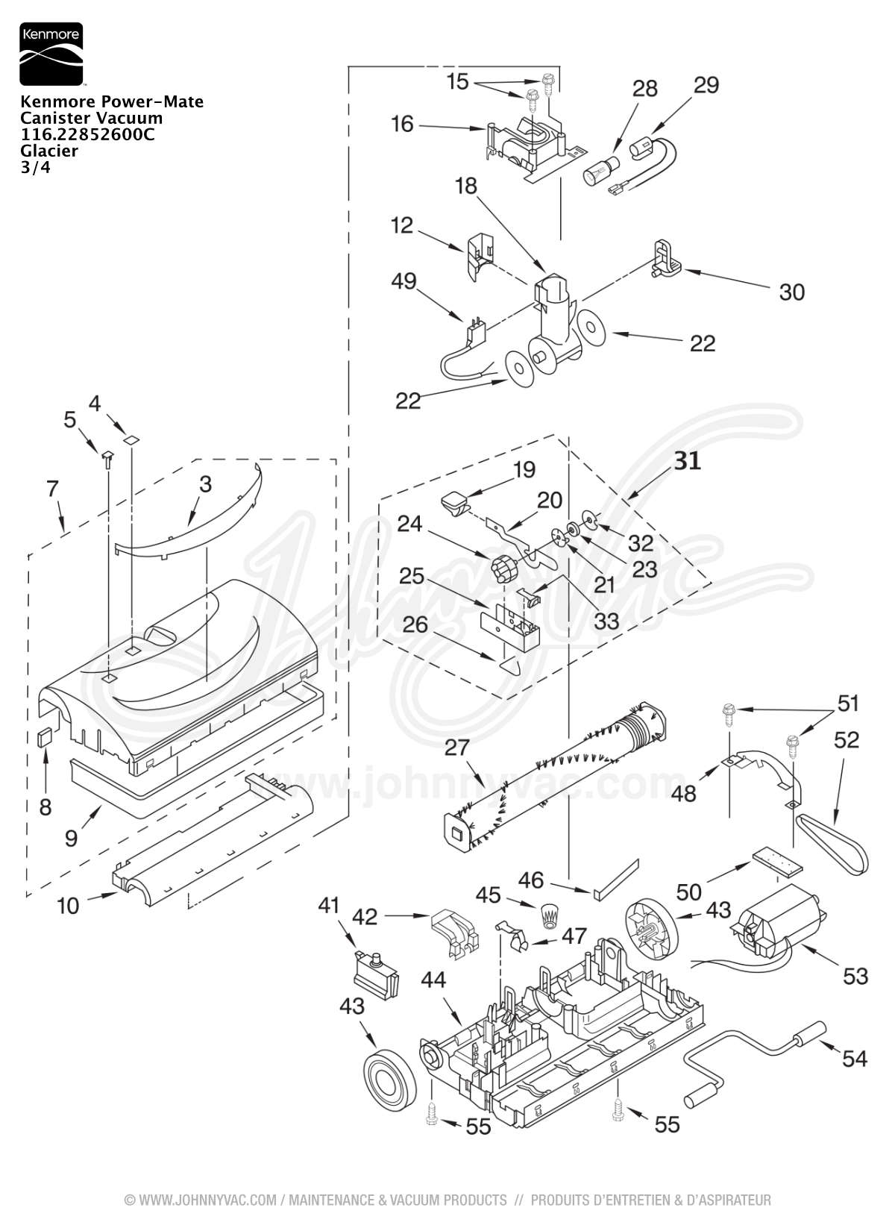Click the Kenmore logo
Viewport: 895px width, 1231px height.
coord(51,54)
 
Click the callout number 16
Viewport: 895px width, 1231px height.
coord(402,124)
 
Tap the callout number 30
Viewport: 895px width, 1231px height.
coord(792,292)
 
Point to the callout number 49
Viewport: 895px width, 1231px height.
coord(403,282)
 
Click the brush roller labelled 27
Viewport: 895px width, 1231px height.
coord(554,777)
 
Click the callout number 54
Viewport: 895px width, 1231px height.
coord(854,1059)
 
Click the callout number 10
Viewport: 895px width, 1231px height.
coord(68,906)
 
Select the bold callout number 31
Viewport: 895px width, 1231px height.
coord(688,462)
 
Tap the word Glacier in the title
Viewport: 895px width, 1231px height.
coord(49,151)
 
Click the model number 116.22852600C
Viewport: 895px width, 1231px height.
coord(87,134)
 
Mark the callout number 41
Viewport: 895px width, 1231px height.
coord(329,905)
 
